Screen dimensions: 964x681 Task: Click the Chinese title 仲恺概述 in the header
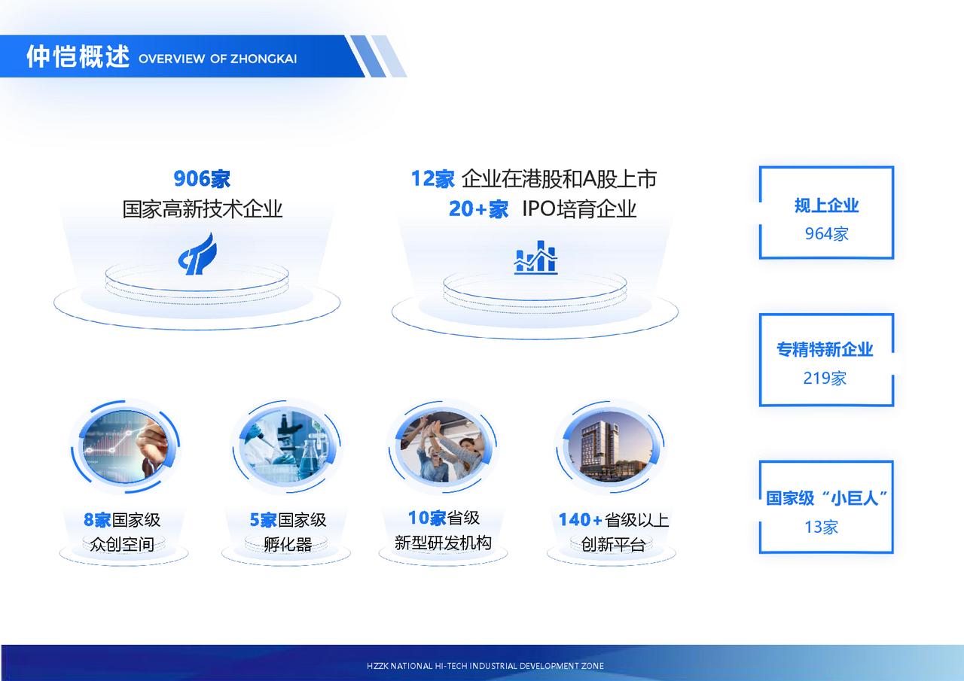tap(78, 56)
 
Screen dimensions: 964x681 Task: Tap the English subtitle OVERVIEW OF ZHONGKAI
tap(218, 59)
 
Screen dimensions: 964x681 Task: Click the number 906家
tap(202, 178)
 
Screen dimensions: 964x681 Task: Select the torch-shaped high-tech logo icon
tap(197, 254)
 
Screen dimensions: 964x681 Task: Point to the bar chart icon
tap(535, 257)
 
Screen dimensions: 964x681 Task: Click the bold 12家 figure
tap(432, 178)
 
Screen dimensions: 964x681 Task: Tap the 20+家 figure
tap(478, 209)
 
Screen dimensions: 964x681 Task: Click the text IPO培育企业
tap(579, 209)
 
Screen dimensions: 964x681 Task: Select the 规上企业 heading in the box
tap(826, 205)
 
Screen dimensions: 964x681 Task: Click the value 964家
tap(826, 234)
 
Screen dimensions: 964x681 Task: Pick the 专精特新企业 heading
tap(825, 349)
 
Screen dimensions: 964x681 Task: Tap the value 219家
tap(825, 378)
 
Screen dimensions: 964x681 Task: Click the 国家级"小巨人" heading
tap(826, 498)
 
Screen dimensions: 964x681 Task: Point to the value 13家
tap(821, 527)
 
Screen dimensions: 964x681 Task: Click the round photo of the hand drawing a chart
tap(125, 445)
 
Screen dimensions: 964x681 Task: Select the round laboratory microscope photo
tap(286, 445)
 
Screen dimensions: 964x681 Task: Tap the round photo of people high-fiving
tap(444, 445)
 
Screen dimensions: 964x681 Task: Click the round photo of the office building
tap(610, 445)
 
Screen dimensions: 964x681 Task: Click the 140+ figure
tap(580, 520)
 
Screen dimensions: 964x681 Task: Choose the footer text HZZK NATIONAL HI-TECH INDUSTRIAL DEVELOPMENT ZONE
tap(485, 666)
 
